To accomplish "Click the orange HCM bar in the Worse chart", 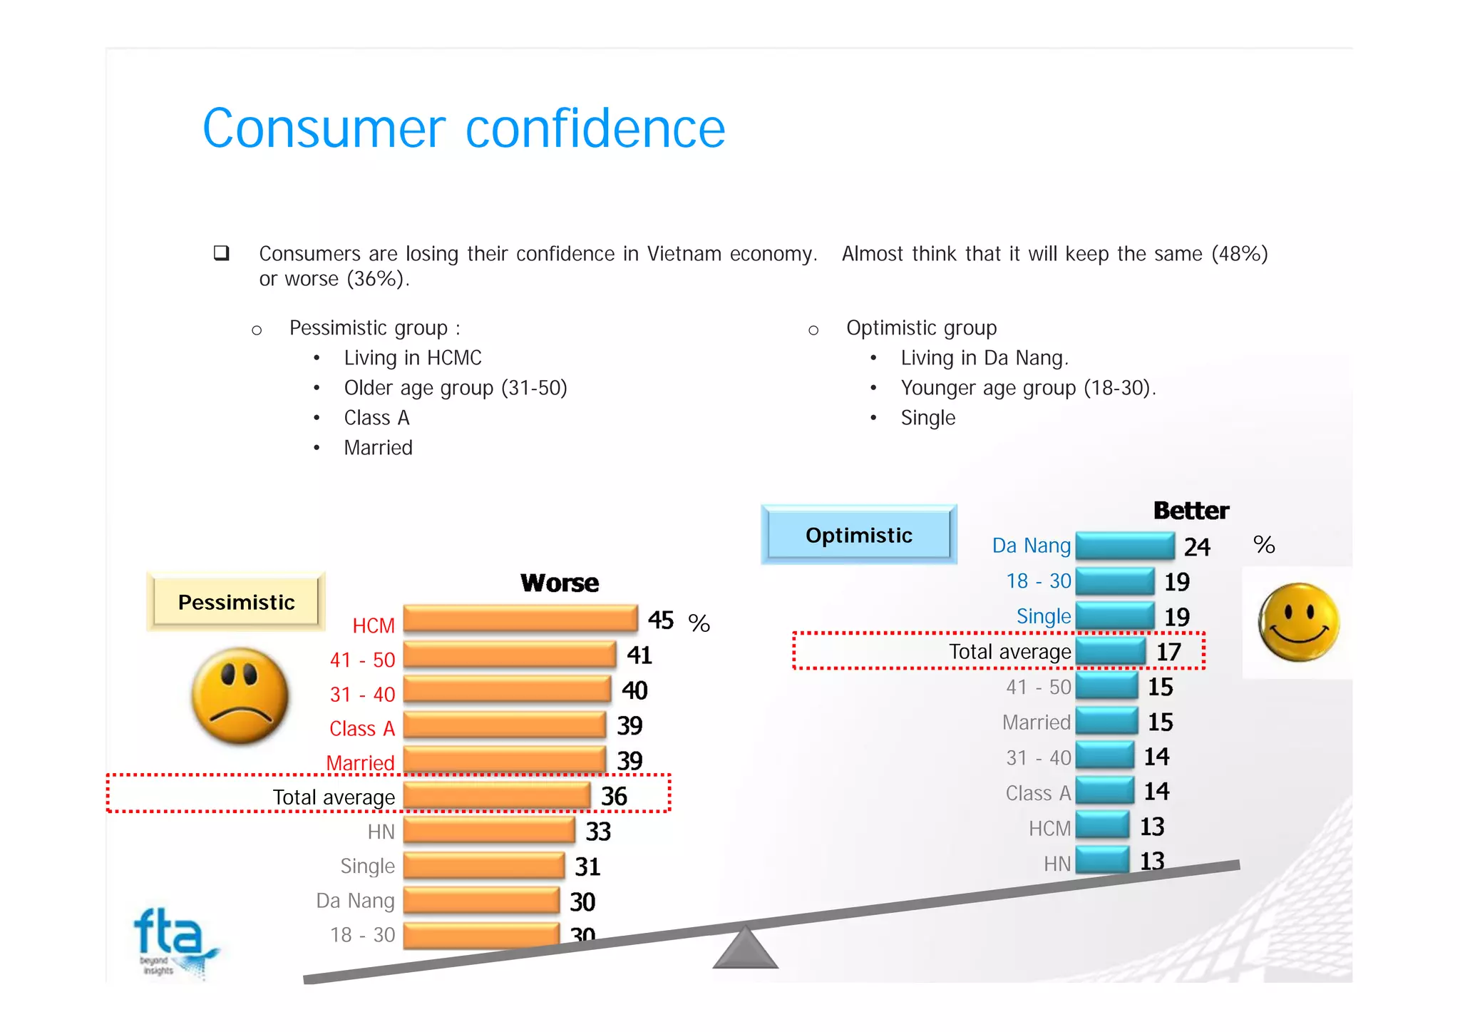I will (520, 618).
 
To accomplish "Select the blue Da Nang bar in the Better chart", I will (1125, 546).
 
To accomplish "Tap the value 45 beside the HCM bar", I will (660, 620).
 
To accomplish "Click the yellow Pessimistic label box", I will (236, 602).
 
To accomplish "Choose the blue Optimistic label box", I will (858, 535).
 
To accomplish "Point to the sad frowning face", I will (240, 695).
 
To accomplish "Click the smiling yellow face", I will (1298, 622).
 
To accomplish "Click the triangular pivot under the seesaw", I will (745, 949).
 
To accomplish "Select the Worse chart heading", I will (560, 583).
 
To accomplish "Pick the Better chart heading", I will (1191, 511).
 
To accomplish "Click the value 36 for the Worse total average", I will (614, 796).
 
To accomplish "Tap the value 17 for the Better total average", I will (1168, 651).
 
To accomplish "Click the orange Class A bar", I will (504, 725).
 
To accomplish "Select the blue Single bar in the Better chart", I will (1114, 615).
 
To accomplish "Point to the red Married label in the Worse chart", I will (360, 762).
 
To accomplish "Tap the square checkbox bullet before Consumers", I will (221, 253).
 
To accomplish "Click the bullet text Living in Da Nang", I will (984, 357).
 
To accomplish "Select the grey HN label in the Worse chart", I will (381, 832).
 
